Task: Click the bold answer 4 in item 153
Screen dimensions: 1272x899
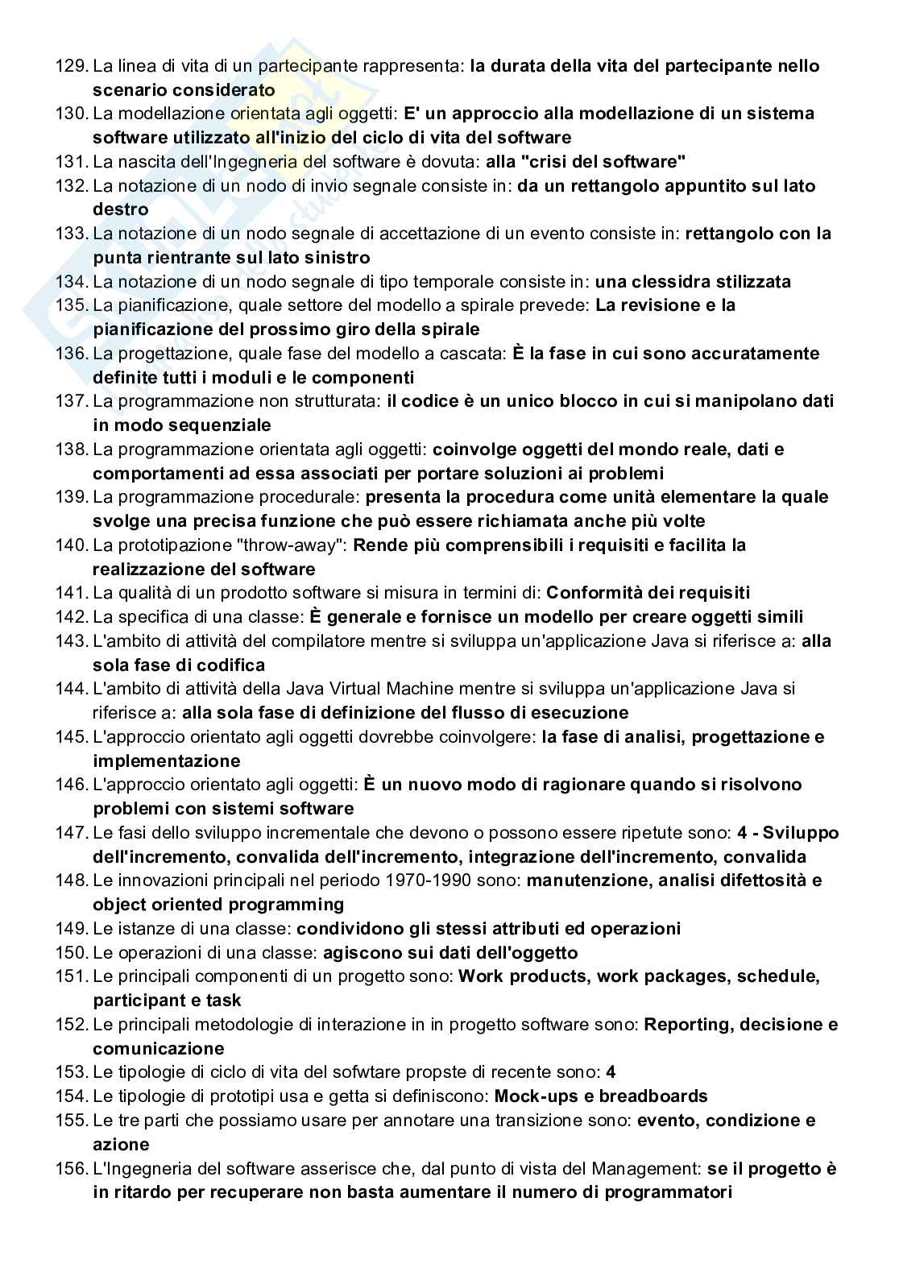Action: coord(611,1072)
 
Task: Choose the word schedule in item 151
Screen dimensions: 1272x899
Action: coord(777,976)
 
